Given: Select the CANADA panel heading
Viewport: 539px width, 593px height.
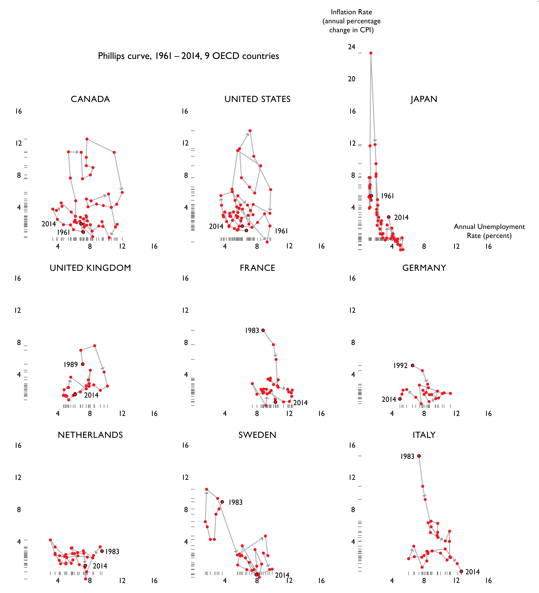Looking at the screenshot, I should tap(90, 99).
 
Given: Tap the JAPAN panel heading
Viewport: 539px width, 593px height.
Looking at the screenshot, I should tap(424, 99).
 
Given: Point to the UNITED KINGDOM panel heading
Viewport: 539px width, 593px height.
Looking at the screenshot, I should tap(90, 268).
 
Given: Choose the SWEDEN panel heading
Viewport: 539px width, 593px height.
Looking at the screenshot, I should tap(257, 435).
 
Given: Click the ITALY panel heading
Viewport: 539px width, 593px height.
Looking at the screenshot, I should tap(424, 435).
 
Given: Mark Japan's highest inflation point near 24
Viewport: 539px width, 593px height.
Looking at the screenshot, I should tap(371, 53).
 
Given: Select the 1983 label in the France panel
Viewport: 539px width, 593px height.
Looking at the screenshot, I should tap(252, 331).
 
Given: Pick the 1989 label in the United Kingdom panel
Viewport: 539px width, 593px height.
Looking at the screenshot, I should tap(71, 365).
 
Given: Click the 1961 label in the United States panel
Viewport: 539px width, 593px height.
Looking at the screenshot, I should tap(281, 231).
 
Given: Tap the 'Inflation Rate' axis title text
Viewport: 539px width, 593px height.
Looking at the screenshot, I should tap(351, 12).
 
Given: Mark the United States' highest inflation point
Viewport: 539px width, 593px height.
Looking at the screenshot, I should tap(250, 131).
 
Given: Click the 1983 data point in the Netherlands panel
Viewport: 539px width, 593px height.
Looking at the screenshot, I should tap(102, 551).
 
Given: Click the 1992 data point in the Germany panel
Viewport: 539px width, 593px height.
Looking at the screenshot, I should tap(413, 365).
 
